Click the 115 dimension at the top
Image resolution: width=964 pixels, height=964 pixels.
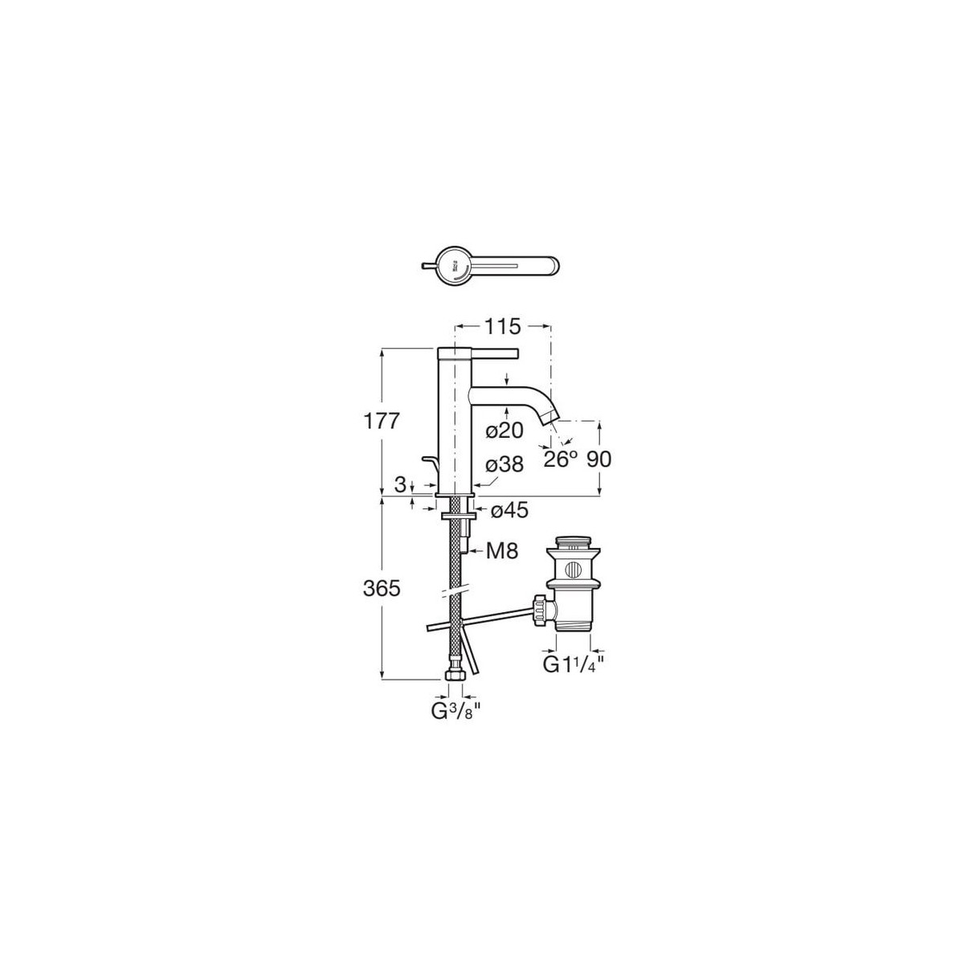click(504, 326)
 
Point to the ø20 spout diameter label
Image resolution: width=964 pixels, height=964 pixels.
click(504, 431)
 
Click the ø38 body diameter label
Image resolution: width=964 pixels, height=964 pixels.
click(505, 464)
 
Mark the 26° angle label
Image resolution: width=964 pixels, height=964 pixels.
click(562, 459)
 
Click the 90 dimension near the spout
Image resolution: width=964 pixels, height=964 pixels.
click(599, 459)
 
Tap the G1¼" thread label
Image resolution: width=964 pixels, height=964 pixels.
click(574, 664)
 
